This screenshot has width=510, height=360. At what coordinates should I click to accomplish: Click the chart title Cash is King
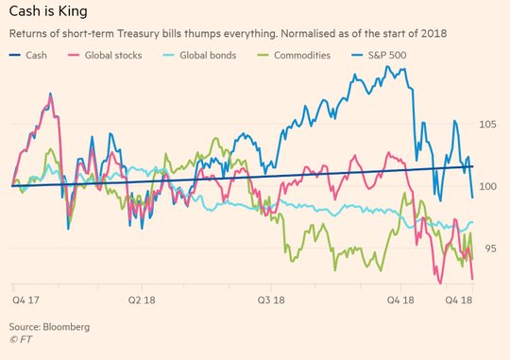48,11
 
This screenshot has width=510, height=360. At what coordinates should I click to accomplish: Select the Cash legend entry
28,56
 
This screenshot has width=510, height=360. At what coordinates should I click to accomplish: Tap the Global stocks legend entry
105,56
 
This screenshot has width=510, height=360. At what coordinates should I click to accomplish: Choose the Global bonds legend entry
199,56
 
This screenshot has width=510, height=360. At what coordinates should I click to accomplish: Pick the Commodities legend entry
294,56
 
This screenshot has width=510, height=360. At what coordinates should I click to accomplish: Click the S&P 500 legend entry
379,56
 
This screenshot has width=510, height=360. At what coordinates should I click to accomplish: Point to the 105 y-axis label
487,124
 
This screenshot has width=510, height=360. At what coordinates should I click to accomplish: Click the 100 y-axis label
487,186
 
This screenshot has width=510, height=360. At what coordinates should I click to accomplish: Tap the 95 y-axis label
490,249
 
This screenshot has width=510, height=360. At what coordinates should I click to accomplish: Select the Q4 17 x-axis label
25,300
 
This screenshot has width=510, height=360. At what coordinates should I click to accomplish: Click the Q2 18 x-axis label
142,300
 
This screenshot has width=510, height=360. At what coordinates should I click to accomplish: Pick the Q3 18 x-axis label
271,300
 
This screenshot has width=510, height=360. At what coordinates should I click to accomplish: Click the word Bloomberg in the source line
66,327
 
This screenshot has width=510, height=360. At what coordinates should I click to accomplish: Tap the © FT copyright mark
21,339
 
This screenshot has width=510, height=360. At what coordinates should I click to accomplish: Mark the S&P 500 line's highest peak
387,66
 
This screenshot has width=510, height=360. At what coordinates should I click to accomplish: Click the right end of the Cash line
472,166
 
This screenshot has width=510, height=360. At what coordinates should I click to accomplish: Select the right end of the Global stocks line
472,279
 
